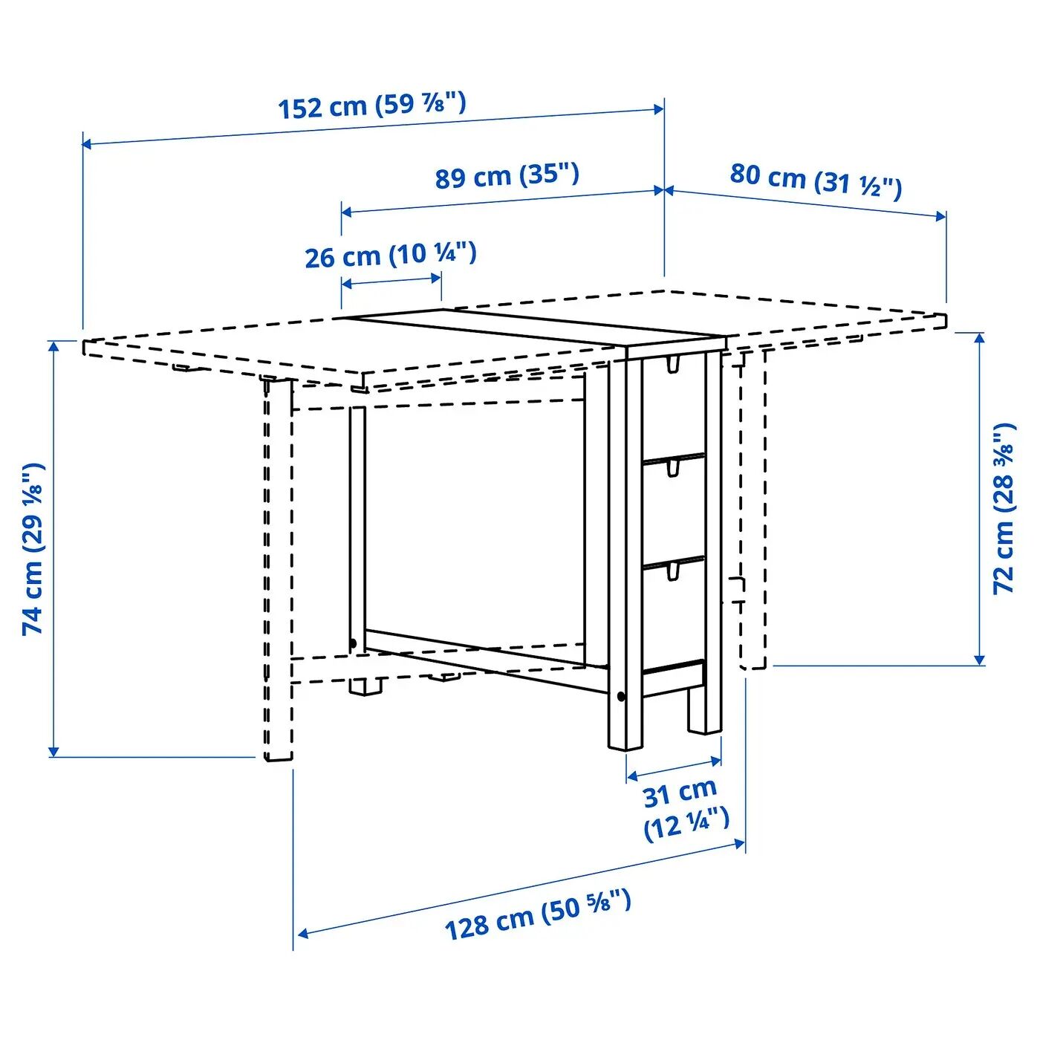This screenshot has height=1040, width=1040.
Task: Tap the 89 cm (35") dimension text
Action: (507, 176)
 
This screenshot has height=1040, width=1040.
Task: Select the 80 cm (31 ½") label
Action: (816, 181)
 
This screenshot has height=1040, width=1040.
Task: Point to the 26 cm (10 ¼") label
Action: (391, 256)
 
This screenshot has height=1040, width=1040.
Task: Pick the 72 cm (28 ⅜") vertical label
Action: (1004, 508)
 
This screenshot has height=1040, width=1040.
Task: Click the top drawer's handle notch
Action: (672, 364)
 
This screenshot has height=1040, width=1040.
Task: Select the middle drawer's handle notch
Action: (672, 468)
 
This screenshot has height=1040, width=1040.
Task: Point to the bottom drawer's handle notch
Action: (672, 571)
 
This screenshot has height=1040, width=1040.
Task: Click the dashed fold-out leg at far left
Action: (278, 569)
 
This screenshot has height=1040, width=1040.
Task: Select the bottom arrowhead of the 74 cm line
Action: (53, 751)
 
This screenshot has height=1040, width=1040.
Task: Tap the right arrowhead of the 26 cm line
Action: (436, 279)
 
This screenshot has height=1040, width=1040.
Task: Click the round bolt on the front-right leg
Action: (621, 697)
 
